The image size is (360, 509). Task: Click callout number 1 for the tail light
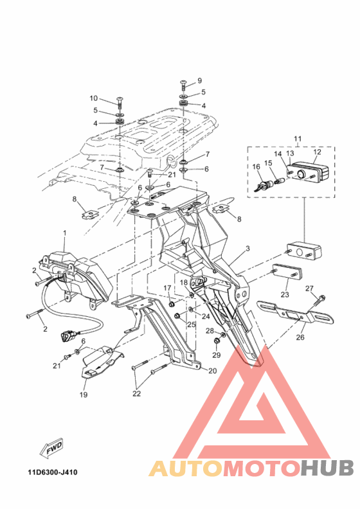[x=64, y=232]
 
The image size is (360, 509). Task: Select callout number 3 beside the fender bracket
[x=248, y=248]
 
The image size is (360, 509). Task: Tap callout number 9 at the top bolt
[x=199, y=80]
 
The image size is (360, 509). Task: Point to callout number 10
[x=93, y=98]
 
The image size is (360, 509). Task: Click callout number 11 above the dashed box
[x=298, y=139]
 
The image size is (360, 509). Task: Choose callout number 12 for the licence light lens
[x=316, y=153]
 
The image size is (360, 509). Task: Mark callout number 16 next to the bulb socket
[x=256, y=167]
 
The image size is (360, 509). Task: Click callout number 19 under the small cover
[x=83, y=395]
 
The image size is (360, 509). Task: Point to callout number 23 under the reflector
[x=285, y=295]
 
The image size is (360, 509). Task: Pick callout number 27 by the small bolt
[x=327, y=288]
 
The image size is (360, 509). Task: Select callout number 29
[x=216, y=355]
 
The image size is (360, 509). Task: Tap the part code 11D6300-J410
[x=53, y=473]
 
